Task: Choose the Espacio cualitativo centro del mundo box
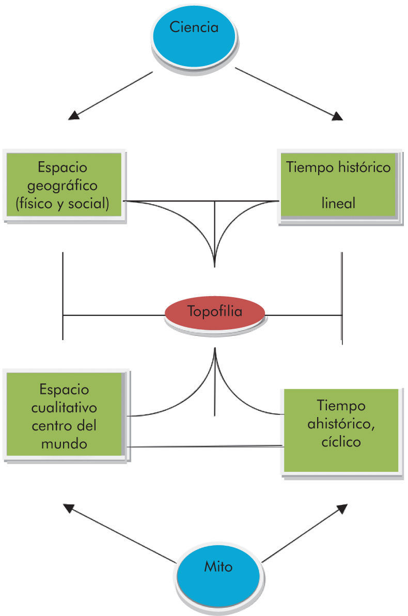(64, 415)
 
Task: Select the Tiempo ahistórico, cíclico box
(341, 430)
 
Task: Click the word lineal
(338, 203)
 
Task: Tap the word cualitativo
(64, 408)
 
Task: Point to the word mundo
(64, 443)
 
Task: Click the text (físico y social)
(63, 203)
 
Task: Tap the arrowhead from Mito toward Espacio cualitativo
(68, 507)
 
